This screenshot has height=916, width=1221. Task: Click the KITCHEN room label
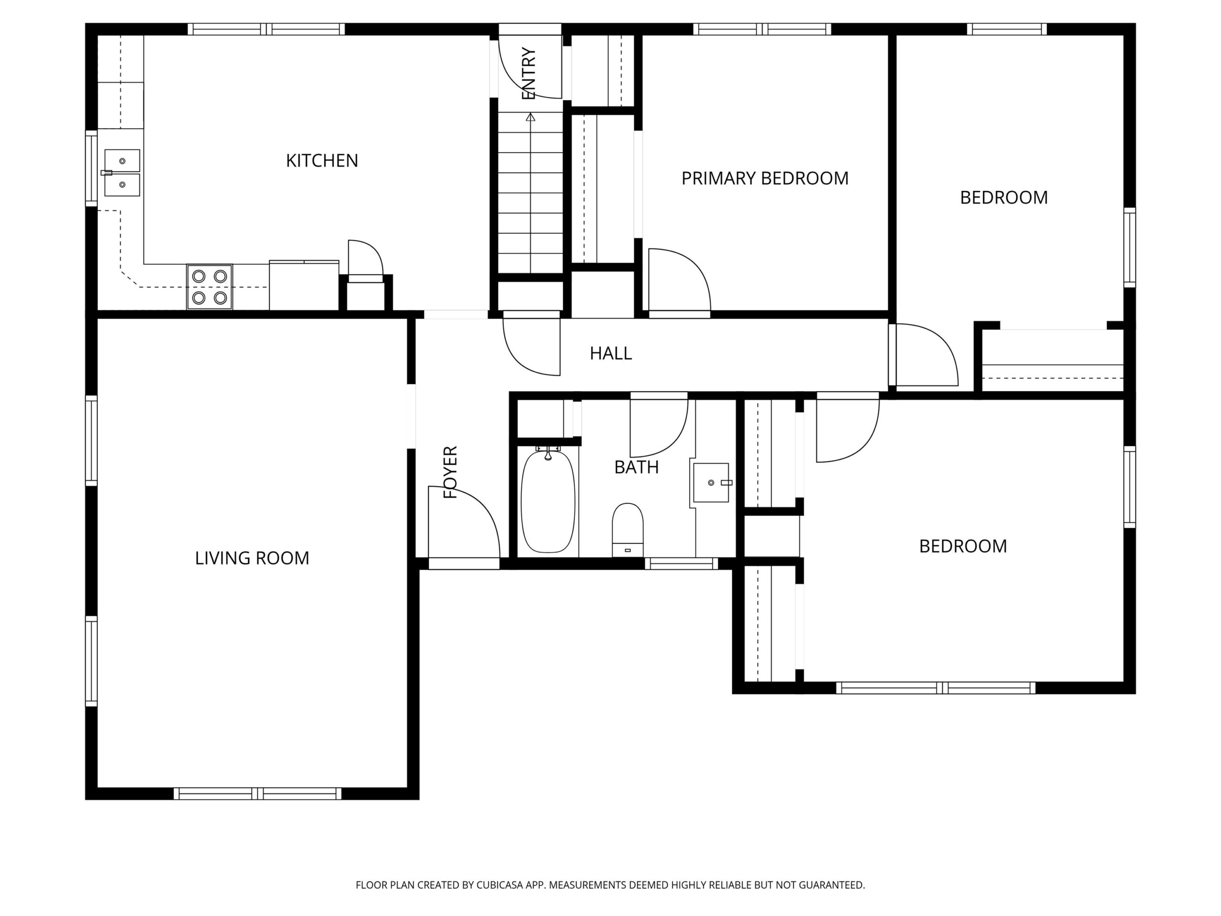(x=322, y=161)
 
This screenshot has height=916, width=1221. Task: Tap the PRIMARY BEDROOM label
(x=765, y=178)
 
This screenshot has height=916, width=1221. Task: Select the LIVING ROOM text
(x=252, y=558)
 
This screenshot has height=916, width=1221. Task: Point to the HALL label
(x=610, y=354)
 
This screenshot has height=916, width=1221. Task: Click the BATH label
(x=636, y=467)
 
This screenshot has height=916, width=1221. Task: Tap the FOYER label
(x=450, y=472)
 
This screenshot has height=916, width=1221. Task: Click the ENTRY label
(x=528, y=73)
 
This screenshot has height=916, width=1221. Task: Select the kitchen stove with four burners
(x=210, y=287)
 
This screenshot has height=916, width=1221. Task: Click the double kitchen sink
(x=122, y=173)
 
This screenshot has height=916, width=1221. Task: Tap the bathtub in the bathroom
(x=548, y=501)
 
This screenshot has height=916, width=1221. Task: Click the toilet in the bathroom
(x=628, y=530)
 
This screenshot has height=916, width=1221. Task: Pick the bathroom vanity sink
(x=711, y=483)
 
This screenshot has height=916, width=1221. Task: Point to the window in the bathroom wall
(x=682, y=564)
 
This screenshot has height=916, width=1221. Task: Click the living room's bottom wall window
(x=258, y=793)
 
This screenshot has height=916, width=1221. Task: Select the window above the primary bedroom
(x=762, y=29)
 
